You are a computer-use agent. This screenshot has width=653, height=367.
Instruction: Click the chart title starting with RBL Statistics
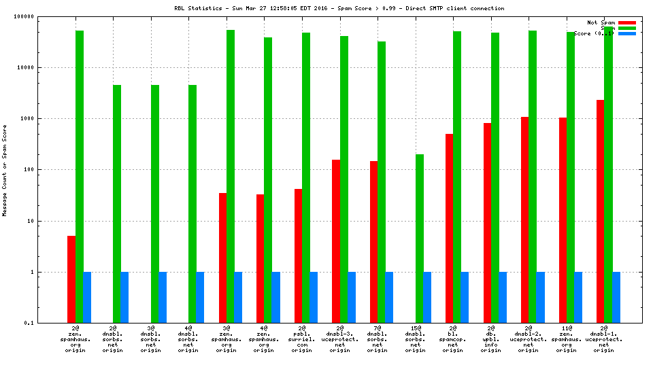pyautogui.click(x=339, y=8)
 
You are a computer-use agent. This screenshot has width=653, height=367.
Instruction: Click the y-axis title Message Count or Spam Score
pyautogui.click(x=5, y=170)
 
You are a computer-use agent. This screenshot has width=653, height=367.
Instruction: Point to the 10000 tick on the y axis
pyautogui.click(x=44, y=67)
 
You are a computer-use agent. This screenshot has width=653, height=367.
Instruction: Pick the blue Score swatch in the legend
pyautogui.click(x=627, y=33)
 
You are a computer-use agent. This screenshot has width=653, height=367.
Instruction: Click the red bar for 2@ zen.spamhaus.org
pyautogui.click(x=71, y=279)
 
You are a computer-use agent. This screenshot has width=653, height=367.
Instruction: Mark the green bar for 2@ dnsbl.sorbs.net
pyautogui.click(x=117, y=204)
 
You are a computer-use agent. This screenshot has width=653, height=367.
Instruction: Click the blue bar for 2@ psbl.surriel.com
pyautogui.click(x=314, y=297)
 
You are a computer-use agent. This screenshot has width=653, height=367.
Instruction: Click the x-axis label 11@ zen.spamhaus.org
pyautogui.click(x=566, y=339)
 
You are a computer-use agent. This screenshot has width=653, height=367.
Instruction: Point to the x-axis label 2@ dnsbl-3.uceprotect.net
pyautogui.click(x=339, y=339)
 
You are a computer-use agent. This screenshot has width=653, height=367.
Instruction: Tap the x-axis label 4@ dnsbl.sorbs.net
pyautogui.click(x=188, y=339)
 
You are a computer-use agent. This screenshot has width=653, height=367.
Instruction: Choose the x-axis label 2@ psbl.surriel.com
pyautogui.click(x=302, y=339)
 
